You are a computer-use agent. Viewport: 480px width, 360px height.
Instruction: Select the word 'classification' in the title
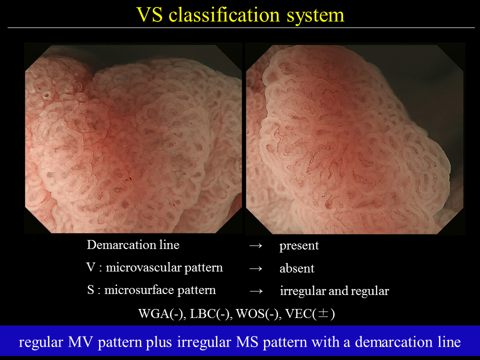(224, 14)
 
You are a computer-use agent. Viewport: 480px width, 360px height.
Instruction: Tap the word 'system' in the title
(315, 16)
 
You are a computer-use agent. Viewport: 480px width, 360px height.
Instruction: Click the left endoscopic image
(133, 138)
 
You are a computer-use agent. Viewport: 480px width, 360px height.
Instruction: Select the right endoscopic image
(355, 138)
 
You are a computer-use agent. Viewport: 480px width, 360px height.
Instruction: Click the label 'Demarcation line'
(133, 245)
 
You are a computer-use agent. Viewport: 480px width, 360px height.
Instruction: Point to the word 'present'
(299, 246)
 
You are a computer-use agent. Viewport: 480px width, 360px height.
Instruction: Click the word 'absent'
(297, 268)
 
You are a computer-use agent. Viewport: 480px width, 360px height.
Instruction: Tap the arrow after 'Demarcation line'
(255, 245)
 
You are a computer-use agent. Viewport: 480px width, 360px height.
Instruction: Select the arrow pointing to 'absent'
(255, 268)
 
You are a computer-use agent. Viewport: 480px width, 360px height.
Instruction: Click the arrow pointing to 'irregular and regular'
(256, 291)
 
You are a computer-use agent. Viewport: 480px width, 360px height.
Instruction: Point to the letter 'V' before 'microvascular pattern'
(90, 267)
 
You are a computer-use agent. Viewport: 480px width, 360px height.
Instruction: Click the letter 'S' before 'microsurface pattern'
(90, 290)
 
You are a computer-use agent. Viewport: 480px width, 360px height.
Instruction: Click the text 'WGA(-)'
(162, 314)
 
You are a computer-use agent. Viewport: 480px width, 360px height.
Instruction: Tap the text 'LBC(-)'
(209, 314)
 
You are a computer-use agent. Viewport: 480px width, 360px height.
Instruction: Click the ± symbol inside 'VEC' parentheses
(323, 313)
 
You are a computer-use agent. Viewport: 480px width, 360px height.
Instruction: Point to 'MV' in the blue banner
(80, 342)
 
